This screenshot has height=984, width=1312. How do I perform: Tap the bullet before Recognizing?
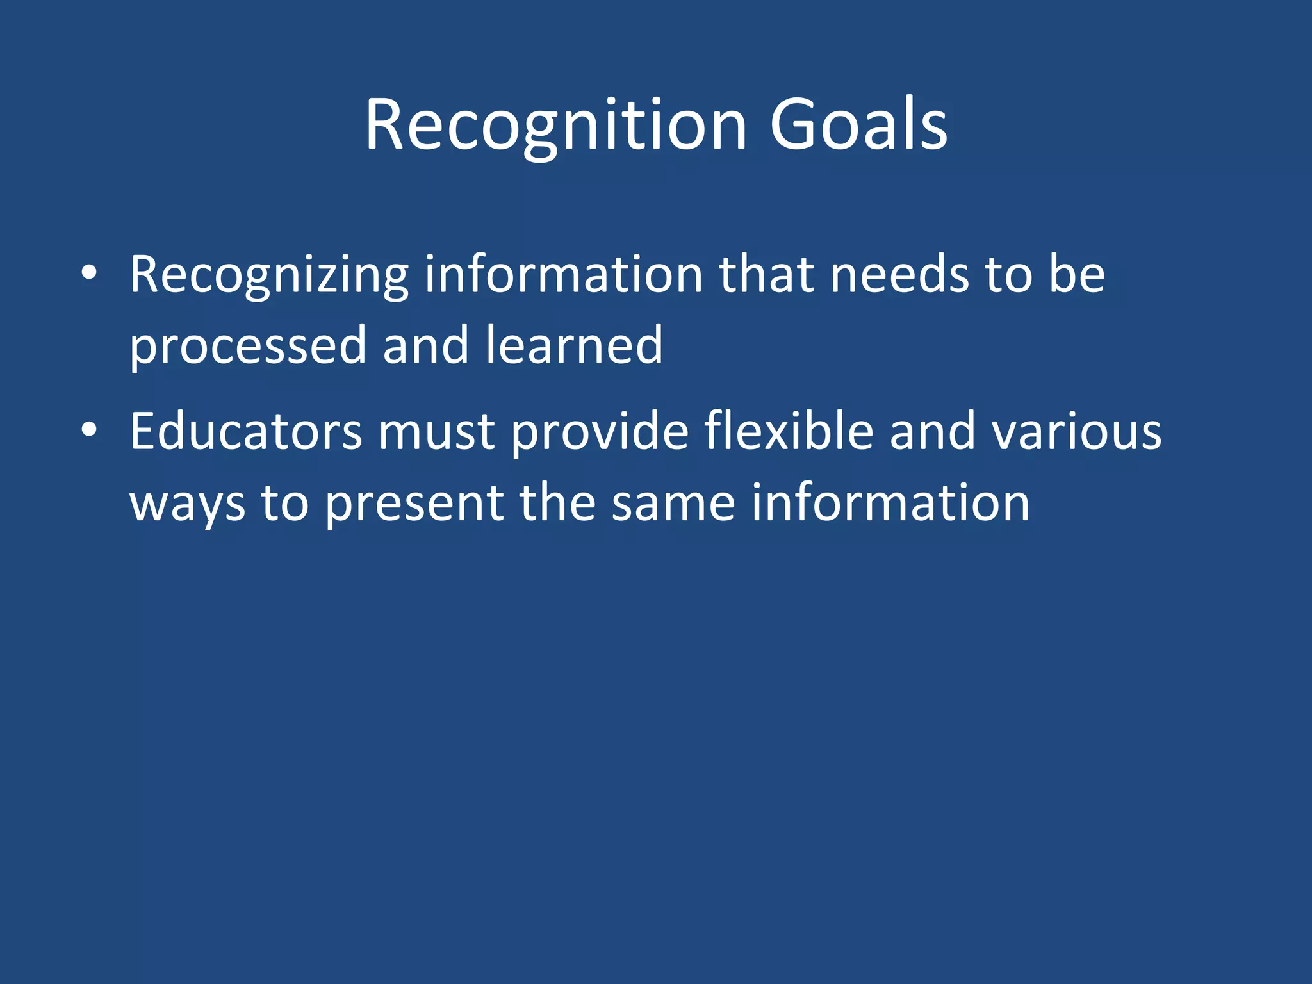tap(89, 274)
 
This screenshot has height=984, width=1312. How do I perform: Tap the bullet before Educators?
tap(89, 430)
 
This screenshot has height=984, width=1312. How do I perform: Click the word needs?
tap(899, 275)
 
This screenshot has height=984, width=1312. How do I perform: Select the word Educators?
tap(246, 432)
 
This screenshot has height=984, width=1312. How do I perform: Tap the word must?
tap(436, 433)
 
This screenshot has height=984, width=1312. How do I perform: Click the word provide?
tap(600, 433)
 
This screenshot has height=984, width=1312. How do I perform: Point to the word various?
tap(1076, 432)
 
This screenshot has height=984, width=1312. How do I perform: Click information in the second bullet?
tap(890, 502)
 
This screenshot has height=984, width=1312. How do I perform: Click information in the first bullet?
tap(564, 275)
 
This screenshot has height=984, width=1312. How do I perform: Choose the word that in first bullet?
tap(767, 275)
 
